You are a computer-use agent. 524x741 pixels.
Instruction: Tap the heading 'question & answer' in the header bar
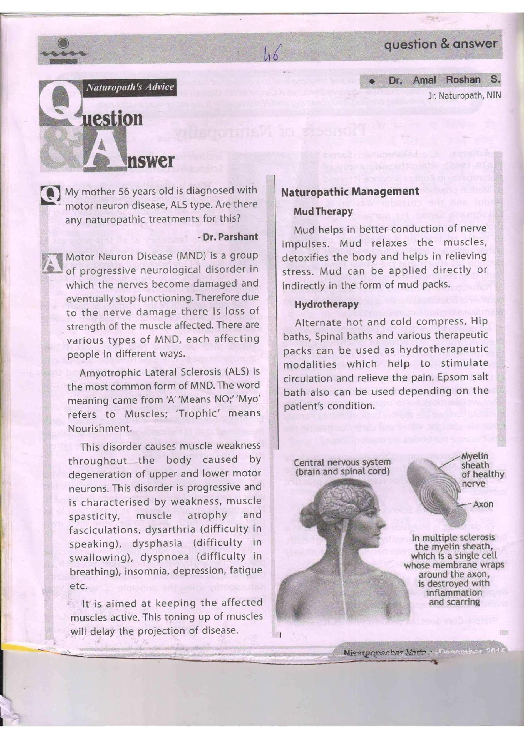point(440,44)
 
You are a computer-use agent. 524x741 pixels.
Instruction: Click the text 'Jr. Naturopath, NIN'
point(464,96)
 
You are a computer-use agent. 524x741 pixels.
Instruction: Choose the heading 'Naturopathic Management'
point(350,192)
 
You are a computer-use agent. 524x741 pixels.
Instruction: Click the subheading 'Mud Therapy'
point(323,212)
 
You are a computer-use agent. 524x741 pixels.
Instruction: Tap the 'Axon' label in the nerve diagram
point(483,504)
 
